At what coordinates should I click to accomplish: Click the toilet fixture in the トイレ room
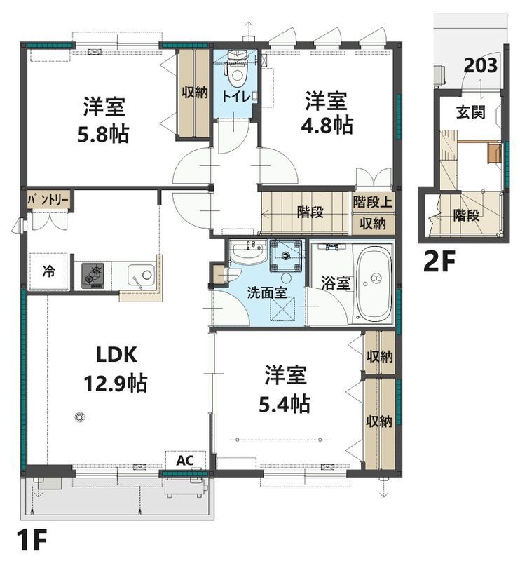coord(236,69)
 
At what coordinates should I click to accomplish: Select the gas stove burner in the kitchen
coord(93,276)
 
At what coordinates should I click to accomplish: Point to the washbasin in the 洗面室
coord(248,252)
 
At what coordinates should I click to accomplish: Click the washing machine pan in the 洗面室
coord(286,256)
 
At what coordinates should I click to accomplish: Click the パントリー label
coord(48,201)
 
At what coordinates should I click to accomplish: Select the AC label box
coord(185,460)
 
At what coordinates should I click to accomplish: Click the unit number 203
coord(481,65)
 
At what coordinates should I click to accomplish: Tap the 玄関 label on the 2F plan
coord(471,113)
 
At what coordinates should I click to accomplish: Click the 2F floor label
coord(439,262)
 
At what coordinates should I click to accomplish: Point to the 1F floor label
coord(32,541)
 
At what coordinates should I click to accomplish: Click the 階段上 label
coord(373,202)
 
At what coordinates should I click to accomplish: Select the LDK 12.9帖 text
coord(116,370)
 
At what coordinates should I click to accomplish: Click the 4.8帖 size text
coord(327,126)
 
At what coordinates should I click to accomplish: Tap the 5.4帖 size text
coord(284,405)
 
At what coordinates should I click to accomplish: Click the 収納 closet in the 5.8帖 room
coord(194,93)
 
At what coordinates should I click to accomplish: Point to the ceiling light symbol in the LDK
coord(79,417)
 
